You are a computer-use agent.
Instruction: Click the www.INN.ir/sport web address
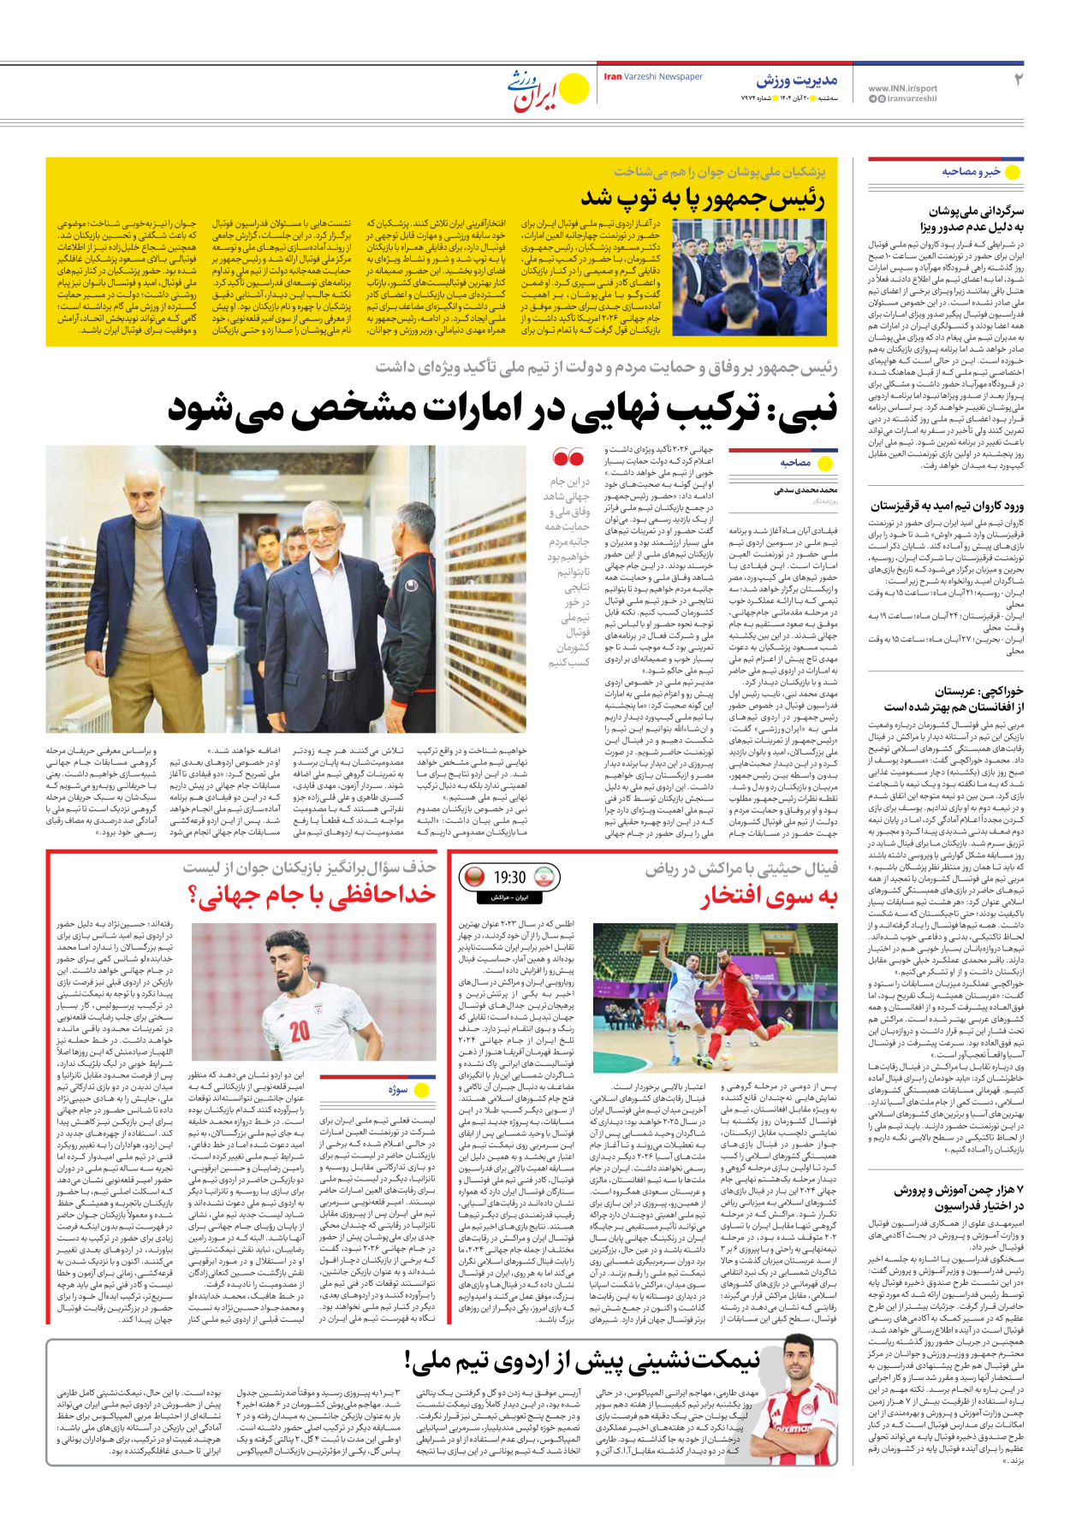click(902, 88)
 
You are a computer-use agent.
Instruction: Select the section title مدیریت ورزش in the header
click(796, 80)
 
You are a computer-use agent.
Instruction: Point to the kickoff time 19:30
click(509, 878)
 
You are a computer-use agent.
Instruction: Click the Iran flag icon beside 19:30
click(544, 878)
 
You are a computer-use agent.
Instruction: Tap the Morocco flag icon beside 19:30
click(473, 878)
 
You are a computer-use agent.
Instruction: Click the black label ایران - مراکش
click(509, 897)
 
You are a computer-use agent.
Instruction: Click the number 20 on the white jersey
click(300, 1030)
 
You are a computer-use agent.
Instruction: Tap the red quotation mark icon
click(568, 458)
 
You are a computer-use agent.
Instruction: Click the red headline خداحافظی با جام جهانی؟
click(312, 895)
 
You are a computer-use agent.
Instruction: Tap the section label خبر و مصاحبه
click(971, 172)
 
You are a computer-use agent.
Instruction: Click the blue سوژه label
click(397, 1090)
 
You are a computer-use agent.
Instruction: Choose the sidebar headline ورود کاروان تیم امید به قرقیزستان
click(947, 506)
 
